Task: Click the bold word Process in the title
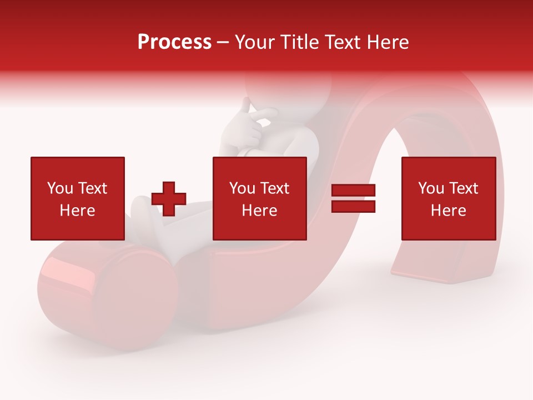click(x=174, y=42)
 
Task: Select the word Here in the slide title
click(x=387, y=42)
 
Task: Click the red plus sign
click(x=169, y=198)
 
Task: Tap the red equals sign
click(x=353, y=198)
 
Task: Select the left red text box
click(x=77, y=198)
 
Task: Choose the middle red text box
click(x=259, y=198)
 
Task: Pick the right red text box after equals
click(x=448, y=198)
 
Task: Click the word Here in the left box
click(x=77, y=211)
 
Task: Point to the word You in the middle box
click(x=242, y=188)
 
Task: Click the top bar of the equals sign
click(x=353, y=191)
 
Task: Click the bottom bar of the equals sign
click(x=353, y=206)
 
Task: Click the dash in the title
click(x=223, y=42)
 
